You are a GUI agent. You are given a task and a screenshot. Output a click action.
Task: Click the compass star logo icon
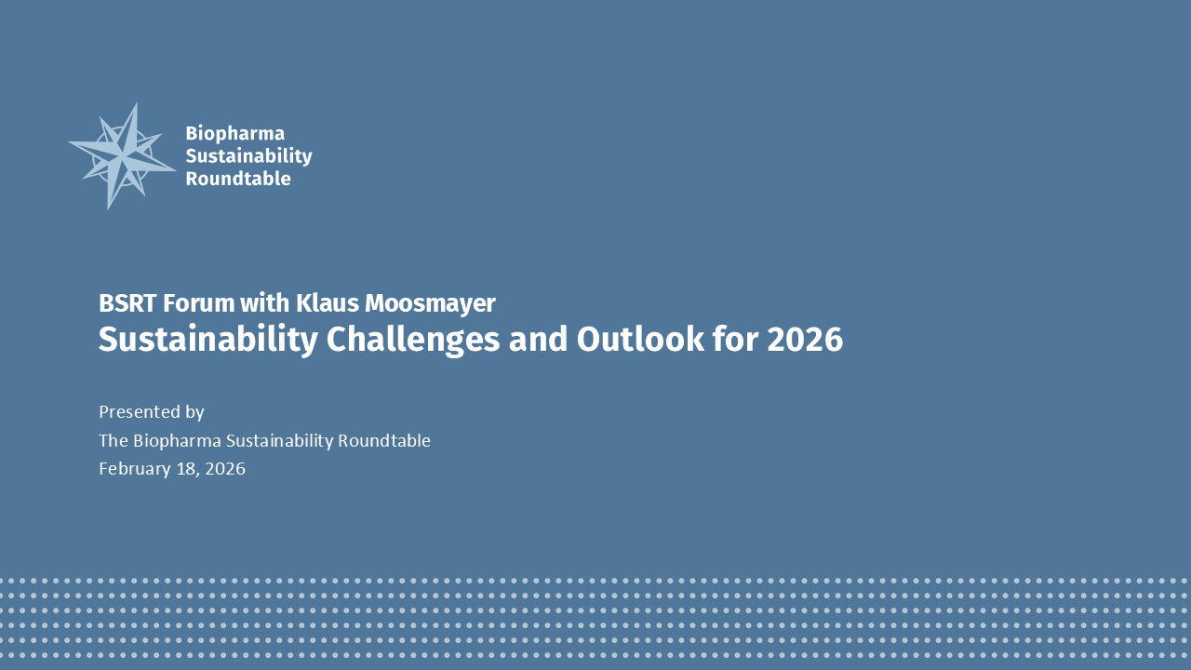[122, 156]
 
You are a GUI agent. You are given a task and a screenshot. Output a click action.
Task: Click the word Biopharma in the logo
[235, 134]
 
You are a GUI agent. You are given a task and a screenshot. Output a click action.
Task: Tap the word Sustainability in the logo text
[248, 156]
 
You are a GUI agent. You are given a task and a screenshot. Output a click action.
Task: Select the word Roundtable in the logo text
[238, 179]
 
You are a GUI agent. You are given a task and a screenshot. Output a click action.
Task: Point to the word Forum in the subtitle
[199, 303]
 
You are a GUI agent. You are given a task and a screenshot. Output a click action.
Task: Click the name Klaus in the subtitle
[327, 303]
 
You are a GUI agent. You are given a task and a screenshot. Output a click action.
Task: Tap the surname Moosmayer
[430, 304]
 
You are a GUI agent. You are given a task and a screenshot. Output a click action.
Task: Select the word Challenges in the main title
[413, 341]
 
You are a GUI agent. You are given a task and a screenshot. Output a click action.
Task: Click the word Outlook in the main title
[640, 340]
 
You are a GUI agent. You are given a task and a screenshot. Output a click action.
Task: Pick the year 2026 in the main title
[805, 340]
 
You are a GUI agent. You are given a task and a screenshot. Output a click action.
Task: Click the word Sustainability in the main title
[208, 341]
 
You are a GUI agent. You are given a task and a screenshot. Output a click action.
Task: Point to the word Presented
[140, 412]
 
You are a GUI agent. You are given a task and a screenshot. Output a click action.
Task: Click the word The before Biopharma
[114, 441]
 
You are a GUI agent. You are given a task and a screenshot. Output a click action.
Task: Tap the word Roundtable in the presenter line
[384, 441]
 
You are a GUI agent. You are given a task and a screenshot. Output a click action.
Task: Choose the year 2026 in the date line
[225, 469]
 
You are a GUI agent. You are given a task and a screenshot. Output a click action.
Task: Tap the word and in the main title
[538, 340]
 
